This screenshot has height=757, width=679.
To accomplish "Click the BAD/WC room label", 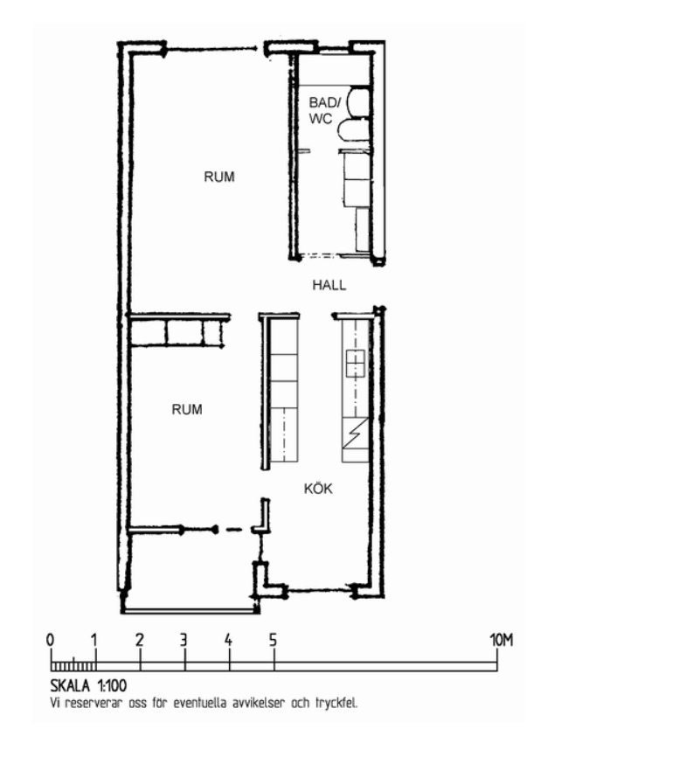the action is pyautogui.click(x=324, y=110).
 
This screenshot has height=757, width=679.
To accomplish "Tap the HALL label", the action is pyautogui.click(x=329, y=285).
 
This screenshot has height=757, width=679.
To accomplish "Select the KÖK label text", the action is pyautogui.click(x=318, y=489).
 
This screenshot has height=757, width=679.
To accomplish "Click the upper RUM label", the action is pyautogui.click(x=219, y=177).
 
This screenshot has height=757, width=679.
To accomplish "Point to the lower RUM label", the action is pyautogui.click(x=187, y=409).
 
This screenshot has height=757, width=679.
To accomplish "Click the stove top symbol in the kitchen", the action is pyautogui.click(x=355, y=364).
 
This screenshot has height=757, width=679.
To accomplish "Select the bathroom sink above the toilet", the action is pyautogui.click(x=358, y=102).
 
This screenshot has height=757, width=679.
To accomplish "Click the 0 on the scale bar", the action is pyautogui.click(x=50, y=640).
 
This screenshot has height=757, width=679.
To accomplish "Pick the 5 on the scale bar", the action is pyautogui.click(x=274, y=640).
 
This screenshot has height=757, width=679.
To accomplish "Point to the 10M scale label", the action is pyautogui.click(x=501, y=640).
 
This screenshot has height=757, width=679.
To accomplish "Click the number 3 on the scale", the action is pyautogui.click(x=184, y=640).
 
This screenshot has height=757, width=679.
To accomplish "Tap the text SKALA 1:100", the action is pyautogui.click(x=88, y=685).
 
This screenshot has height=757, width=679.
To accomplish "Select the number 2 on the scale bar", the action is pyautogui.click(x=140, y=640).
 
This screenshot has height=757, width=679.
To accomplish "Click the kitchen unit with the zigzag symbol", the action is pyautogui.click(x=355, y=434).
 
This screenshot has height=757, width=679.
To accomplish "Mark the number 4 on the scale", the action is pyautogui.click(x=228, y=640).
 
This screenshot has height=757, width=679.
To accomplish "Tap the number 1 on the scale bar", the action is pyautogui.click(x=94, y=640).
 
